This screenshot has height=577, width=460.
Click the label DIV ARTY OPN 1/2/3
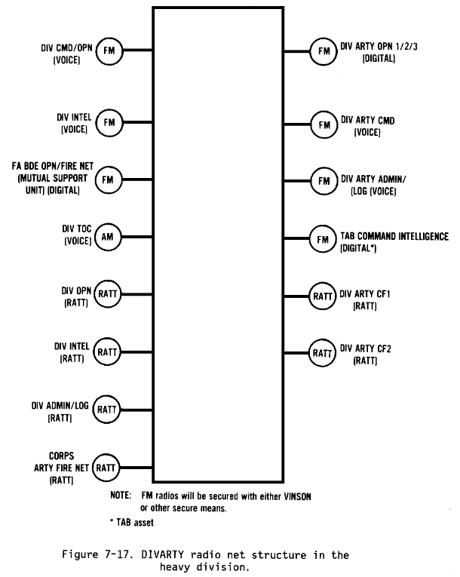tap(379, 46)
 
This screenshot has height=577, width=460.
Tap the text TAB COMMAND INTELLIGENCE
tap(394, 236)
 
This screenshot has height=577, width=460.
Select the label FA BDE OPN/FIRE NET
tap(53, 167)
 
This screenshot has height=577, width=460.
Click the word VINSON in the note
tap(297, 496)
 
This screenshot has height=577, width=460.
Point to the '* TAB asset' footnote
tap(132, 523)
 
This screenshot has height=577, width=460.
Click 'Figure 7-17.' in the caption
tap(97, 554)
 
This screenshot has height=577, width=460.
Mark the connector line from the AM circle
tap(137, 237)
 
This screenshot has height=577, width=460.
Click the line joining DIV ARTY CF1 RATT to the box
tap(296, 296)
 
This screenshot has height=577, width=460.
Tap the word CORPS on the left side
tap(61, 456)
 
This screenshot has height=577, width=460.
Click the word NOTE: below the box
tap(121, 496)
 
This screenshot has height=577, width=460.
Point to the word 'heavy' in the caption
tap(174, 567)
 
